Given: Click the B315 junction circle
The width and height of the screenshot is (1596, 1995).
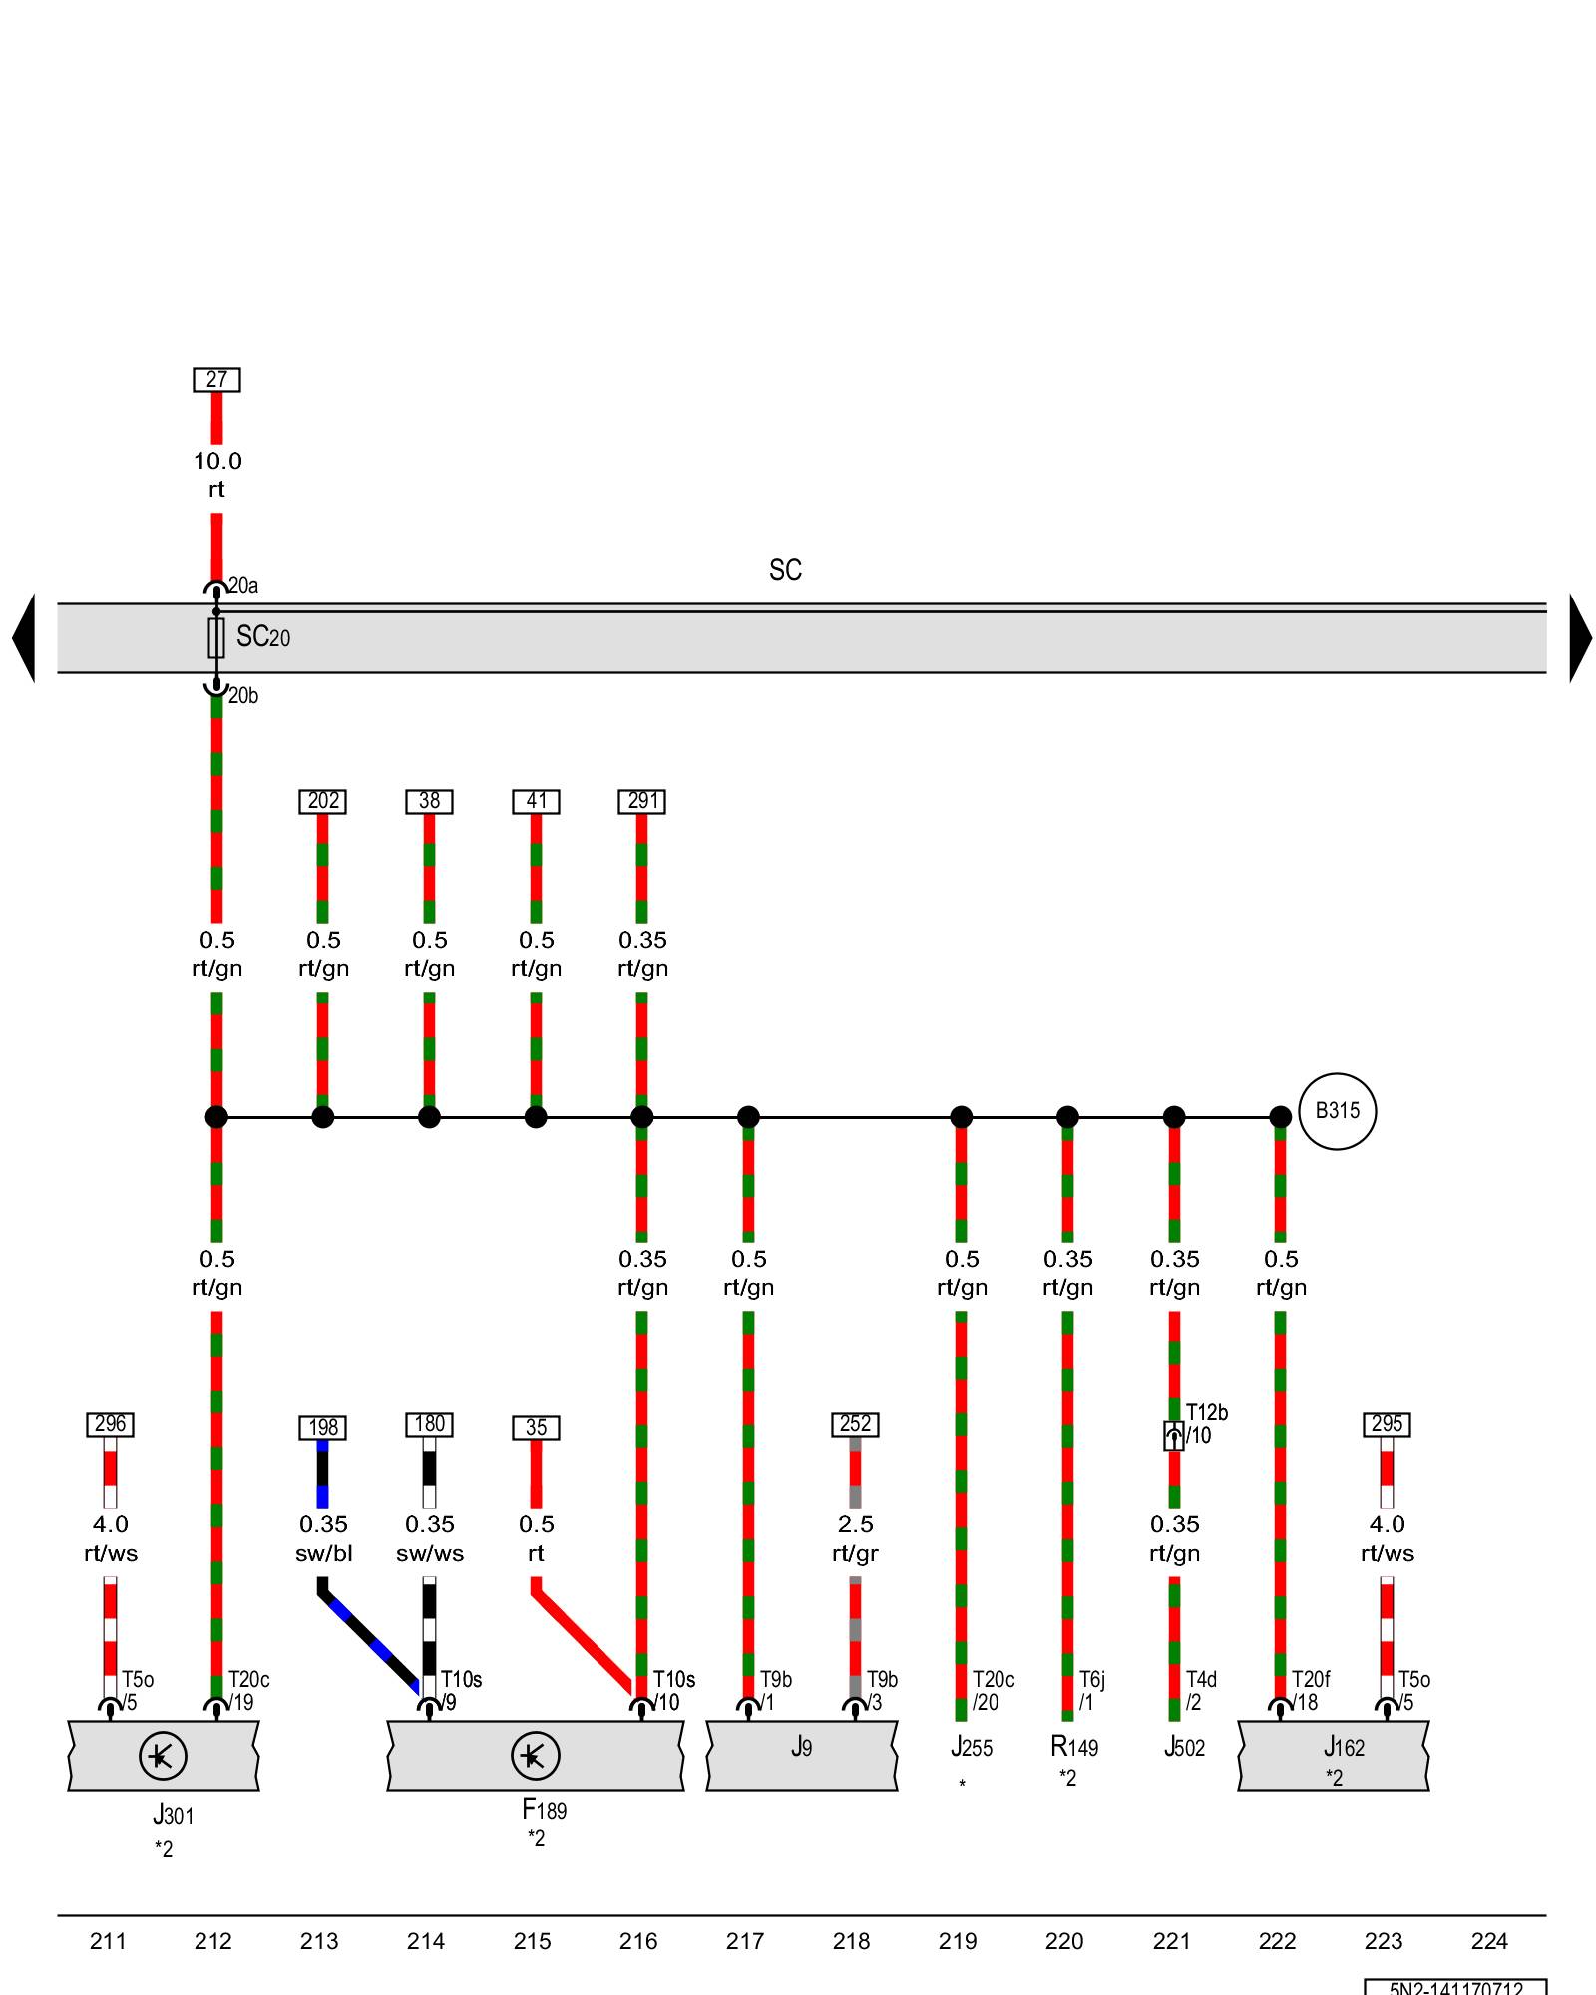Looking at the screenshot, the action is [x=1337, y=1111].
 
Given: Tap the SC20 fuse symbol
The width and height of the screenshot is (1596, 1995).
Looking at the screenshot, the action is [x=216, y=637].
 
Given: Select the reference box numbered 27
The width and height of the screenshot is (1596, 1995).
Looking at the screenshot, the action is [x=216, y=380].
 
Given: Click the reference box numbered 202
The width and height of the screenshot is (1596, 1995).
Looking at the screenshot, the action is [x=323, y=801].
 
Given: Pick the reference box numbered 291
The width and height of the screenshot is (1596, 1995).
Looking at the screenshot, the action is [x=642, y=801].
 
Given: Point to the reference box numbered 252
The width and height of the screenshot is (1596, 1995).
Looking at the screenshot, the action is [x=855, y=1424].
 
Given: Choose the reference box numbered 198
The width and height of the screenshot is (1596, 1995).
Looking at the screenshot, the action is [x=323, y=1427].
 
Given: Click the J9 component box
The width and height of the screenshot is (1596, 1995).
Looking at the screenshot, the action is [x=802, y=1756].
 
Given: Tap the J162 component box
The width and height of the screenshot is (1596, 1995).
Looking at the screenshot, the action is [x=1334, y=1756].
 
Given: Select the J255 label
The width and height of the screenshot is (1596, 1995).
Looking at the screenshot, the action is [x=972, y=1747].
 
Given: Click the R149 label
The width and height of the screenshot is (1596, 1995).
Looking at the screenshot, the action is [x=1074, y=1747].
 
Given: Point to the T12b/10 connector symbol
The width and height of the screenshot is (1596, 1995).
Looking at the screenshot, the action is [x=1174, y=1436].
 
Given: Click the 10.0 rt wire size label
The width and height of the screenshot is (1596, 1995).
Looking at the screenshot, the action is [x=216, y=475].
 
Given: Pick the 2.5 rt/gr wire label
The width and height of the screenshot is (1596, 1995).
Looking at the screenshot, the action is [x=855, y=1538].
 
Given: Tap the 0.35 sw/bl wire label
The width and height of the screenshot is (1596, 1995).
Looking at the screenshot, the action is [x=323, y=1538].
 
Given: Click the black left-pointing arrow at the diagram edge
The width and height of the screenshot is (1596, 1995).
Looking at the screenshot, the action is [x=24, y=638].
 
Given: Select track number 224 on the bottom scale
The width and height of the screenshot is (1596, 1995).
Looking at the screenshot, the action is [x=1489, y=1941].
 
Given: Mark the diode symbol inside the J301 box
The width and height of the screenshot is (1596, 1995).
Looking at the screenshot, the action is [x=163, y=1756].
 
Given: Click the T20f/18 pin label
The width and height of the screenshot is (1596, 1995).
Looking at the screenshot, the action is [x=1311, y=1691].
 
